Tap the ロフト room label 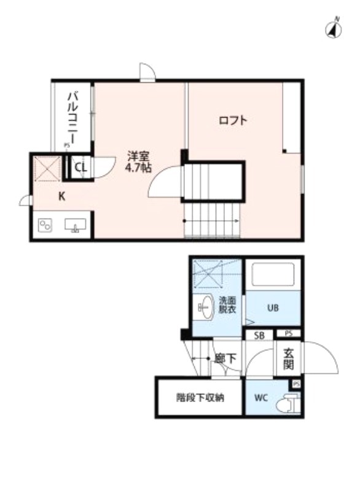tap(233, 120)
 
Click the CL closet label tap(80, 167)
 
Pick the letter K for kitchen tap(61, 196)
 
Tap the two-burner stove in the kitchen tap(45, 225)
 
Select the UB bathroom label tap(273, 308)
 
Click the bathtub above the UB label tap(272, 276)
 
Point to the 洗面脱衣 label tap(227, 305)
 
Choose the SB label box tap(259, 335)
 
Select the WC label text tap(260, 396)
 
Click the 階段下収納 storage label tap(200, 397)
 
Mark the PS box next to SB tap(288, 334)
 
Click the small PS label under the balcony tap(66, 145)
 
